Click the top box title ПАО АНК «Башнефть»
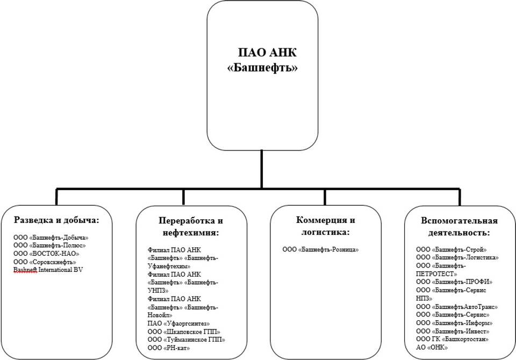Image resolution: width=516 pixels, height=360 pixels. [263, 61]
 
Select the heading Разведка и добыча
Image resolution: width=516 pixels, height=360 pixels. [56, 220]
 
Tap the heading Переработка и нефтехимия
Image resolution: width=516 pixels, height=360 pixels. [191, 227]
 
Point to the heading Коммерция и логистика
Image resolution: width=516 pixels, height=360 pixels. [326, 226]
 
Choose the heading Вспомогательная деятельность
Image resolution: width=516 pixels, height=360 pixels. [459, 227]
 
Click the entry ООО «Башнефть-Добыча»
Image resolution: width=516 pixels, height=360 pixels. [51, 237]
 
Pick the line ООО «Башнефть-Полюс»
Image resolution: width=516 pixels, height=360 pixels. [49, 246]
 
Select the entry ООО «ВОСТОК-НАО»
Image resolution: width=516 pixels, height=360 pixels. [46, 254]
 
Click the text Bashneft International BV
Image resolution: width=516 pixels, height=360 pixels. [48, 270]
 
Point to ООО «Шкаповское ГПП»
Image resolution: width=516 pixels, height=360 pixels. [184, 332]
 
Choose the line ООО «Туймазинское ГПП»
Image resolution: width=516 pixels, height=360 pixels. [186, 340]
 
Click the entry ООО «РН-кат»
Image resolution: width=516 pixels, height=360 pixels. [169, 348]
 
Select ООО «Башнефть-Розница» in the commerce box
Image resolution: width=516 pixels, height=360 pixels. [320, 250]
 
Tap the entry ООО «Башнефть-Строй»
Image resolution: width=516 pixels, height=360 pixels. [451, 250]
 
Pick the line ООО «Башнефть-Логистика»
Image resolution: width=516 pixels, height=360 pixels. [457, 258]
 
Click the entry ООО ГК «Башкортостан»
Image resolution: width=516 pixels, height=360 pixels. [453, 340]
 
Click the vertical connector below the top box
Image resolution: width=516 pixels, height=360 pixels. [262, 169]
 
